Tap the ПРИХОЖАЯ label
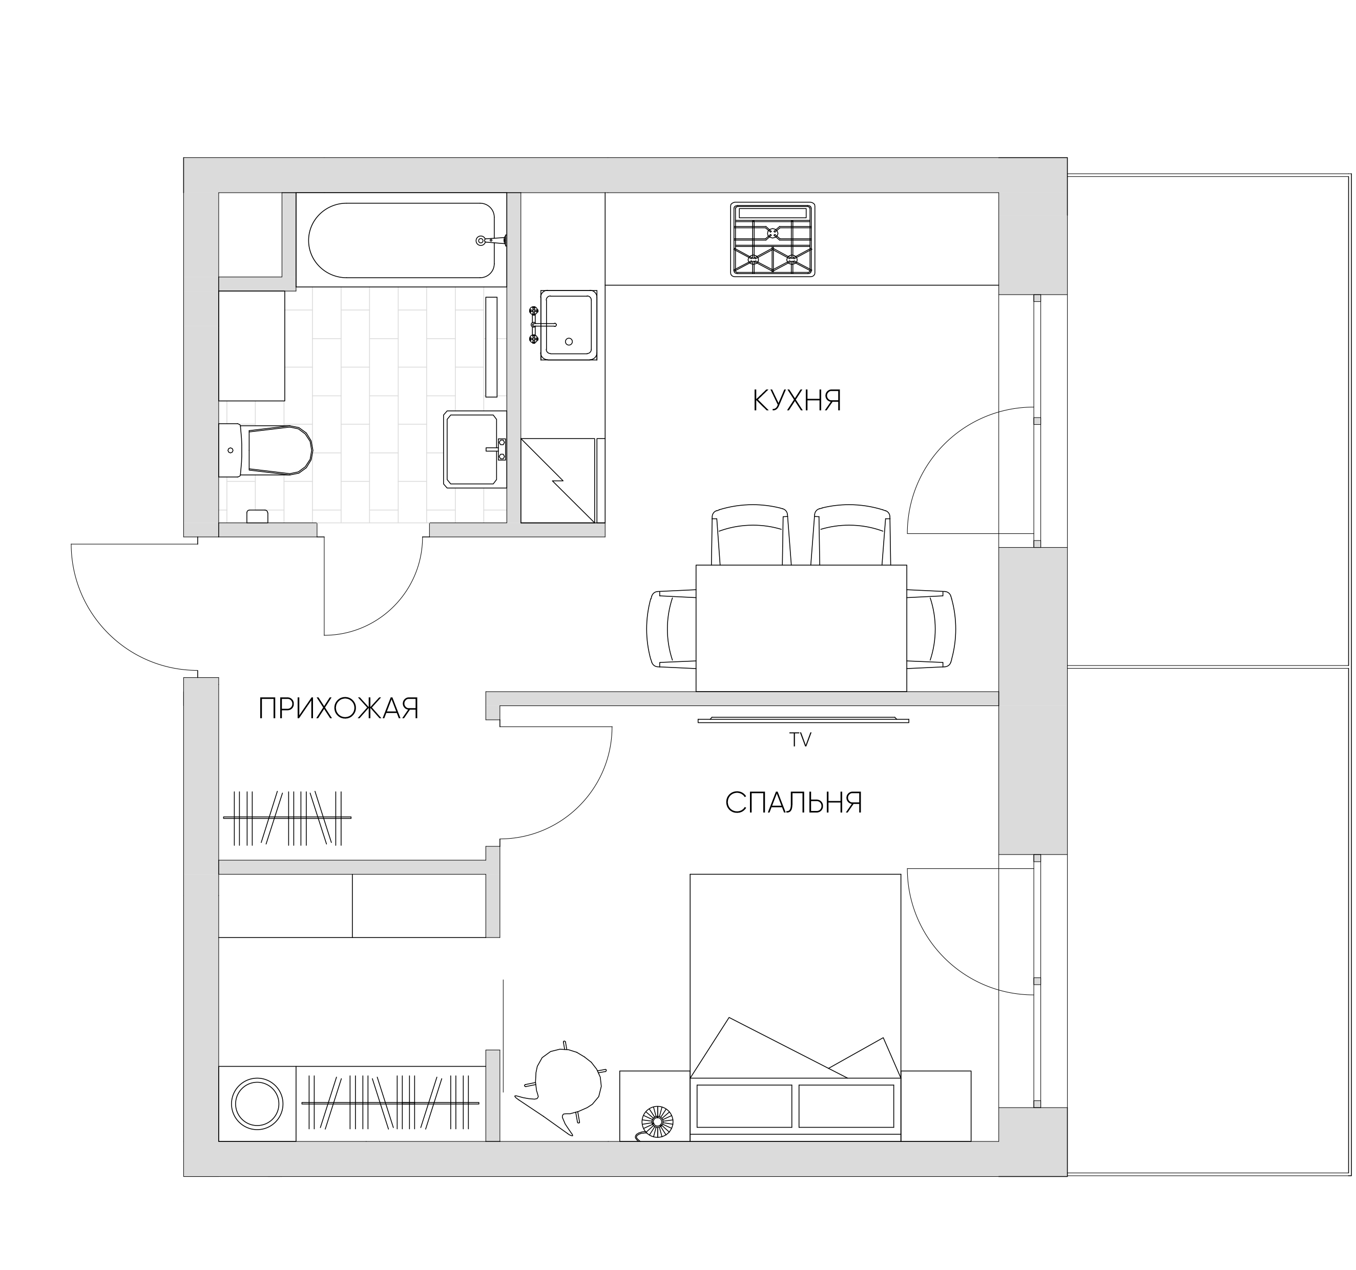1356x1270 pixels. pyautogui.click(x=338, y=709)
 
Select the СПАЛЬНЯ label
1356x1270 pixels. pyautogui.click(x=794, y=803)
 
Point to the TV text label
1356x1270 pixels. pyautogui.click(x=801, y=740)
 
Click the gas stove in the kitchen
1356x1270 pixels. pyautogui.click(x=773, y=239)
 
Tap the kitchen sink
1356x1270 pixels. pyautogui.click(x=569, y=325)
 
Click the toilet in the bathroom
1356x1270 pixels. pyautogui.click(x=265, y=450)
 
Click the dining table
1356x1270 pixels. pyautogui.click(x=801, y=628)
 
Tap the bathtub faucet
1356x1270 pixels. pyautogui.click(x=492, y=240)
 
